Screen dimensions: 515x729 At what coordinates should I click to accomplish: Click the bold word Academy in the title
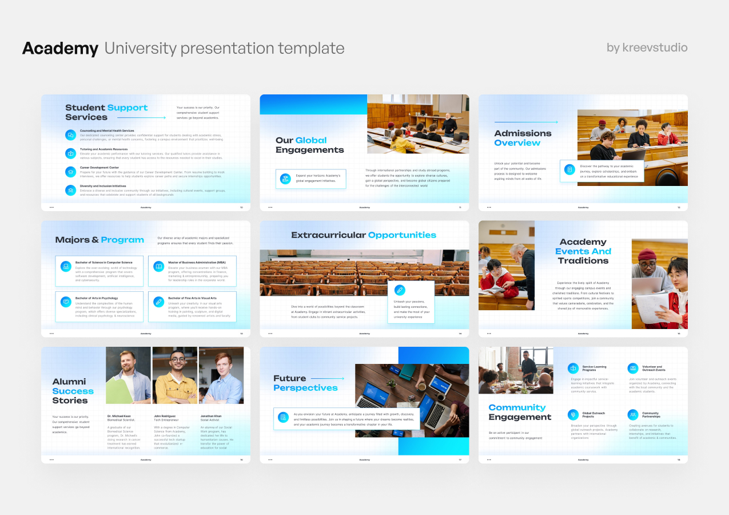tap(60, 49)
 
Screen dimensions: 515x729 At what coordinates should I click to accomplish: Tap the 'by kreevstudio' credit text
tap(647, 47)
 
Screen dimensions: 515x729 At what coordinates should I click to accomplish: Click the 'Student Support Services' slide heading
tap(106, 112)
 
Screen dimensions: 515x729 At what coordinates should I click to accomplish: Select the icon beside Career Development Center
tap(70, 172)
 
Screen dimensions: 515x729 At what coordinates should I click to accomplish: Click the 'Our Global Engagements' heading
tap(309, 145)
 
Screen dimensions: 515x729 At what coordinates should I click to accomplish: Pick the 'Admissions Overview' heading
tap(523, 138)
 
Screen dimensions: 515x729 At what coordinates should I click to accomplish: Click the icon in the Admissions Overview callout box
tap(569, 170)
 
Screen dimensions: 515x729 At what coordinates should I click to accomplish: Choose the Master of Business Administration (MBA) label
tap(197, 262)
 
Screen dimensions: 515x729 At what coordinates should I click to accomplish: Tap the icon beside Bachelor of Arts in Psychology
tap(66, 302)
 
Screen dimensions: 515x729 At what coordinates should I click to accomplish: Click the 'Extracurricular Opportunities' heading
tap(363, 235)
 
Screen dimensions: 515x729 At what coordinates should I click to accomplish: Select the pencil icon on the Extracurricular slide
tap(400, 290)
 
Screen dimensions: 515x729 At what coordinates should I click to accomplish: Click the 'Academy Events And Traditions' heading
tap(583, 251)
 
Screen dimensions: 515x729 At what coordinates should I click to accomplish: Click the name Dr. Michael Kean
tap(119, 416)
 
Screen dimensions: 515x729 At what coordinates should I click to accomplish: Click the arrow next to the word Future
tap(328, 378)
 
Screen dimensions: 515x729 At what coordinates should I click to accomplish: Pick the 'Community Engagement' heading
tap(520, 412)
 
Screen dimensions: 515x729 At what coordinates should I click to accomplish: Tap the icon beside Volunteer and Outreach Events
tap(632, 368)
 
